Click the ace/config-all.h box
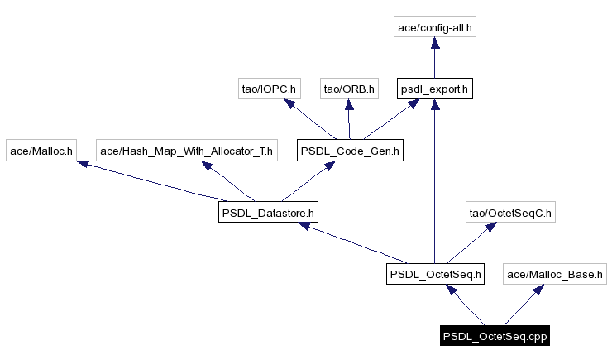[x=435, y=27]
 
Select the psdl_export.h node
[x=435, y=89]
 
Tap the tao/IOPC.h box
[x=267, y=89]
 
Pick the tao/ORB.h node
[x=349, y=89]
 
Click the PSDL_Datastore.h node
[x=268, y=213]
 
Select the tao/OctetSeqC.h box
[x=510, y=213]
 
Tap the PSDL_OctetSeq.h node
[x=435, y=274]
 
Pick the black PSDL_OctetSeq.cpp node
[x=495, y=336]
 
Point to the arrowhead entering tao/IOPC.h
[x=289, y=103]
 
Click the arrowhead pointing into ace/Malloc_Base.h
[x=538, y=289]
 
